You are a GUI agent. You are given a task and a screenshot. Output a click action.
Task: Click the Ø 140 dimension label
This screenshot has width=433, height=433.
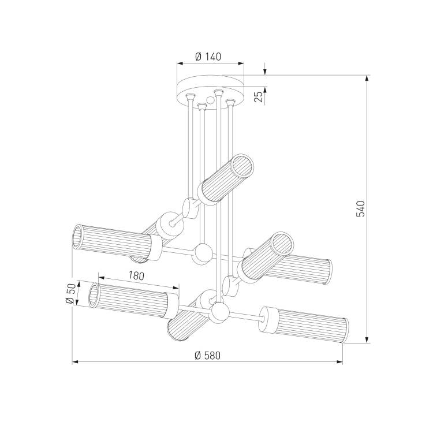(x=208, y=57)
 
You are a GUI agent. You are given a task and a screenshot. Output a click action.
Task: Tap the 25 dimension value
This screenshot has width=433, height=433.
(x=259, y=96)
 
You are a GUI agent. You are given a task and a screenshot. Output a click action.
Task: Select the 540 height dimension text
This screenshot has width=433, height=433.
(x=360, y=209)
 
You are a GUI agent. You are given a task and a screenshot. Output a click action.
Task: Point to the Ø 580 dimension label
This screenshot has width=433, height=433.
(x=207, y=356)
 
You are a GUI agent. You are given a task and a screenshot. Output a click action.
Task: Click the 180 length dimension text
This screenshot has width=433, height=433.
(x=136, y=275)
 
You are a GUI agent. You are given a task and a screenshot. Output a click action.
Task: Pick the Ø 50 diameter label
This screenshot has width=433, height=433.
(x=70, y=294)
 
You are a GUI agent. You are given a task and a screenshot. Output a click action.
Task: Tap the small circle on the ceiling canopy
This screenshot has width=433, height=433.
(x=210, y=100)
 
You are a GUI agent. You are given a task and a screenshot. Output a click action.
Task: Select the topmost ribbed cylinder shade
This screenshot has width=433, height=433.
(x=225, y=180)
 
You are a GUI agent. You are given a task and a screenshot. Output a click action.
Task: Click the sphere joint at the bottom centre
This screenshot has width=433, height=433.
(x=219, y=312)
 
